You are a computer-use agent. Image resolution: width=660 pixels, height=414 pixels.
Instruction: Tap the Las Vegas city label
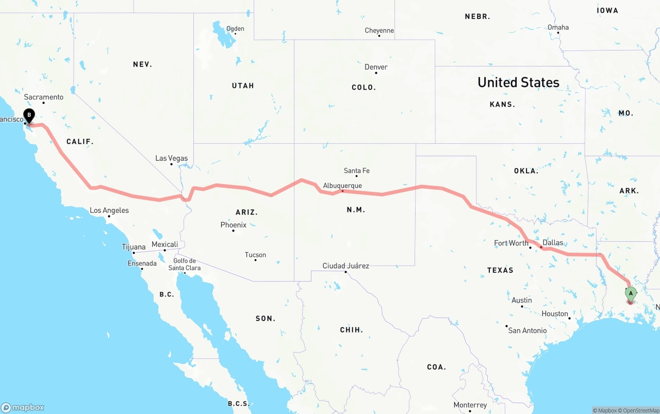(172, 158)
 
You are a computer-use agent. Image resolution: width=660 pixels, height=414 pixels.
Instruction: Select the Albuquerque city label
(342, 186)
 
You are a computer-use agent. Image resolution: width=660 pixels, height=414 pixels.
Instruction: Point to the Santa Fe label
(357, 171)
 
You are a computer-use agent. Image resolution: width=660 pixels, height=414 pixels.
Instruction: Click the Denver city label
(376, 67)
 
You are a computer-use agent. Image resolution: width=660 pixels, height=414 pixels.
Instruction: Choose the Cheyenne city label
(379, 30)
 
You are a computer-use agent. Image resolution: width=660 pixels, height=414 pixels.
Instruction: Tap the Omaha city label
(558, 27)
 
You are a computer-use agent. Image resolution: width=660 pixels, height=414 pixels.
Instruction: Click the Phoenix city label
(234, 225)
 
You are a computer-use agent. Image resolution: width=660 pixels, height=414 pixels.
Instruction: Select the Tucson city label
(255, 255)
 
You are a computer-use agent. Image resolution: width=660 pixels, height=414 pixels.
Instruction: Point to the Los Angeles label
(109, 210)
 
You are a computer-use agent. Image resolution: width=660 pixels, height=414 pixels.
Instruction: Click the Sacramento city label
(44, 97)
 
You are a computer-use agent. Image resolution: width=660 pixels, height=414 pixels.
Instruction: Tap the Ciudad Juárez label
(345, 266)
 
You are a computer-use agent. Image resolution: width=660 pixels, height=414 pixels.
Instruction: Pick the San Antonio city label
(527, 330)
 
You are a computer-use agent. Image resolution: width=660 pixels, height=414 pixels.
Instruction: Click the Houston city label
(555, 313)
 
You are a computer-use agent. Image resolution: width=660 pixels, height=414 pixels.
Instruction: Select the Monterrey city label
(470, 405)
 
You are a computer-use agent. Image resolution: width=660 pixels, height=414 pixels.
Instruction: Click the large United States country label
(518, 82)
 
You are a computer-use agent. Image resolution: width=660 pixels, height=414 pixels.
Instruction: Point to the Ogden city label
(235, 29)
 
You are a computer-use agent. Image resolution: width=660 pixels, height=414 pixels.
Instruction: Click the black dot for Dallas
(541, 247)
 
